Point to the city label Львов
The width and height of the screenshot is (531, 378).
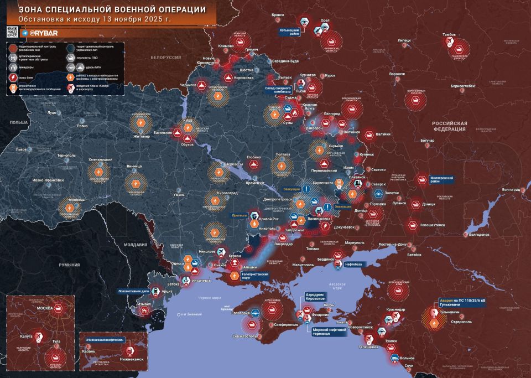21,149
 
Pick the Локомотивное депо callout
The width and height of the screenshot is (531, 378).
134,290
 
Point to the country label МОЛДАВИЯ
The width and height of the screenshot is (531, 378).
135,244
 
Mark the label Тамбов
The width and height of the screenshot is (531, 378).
449,35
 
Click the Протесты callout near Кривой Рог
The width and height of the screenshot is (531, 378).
240,215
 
